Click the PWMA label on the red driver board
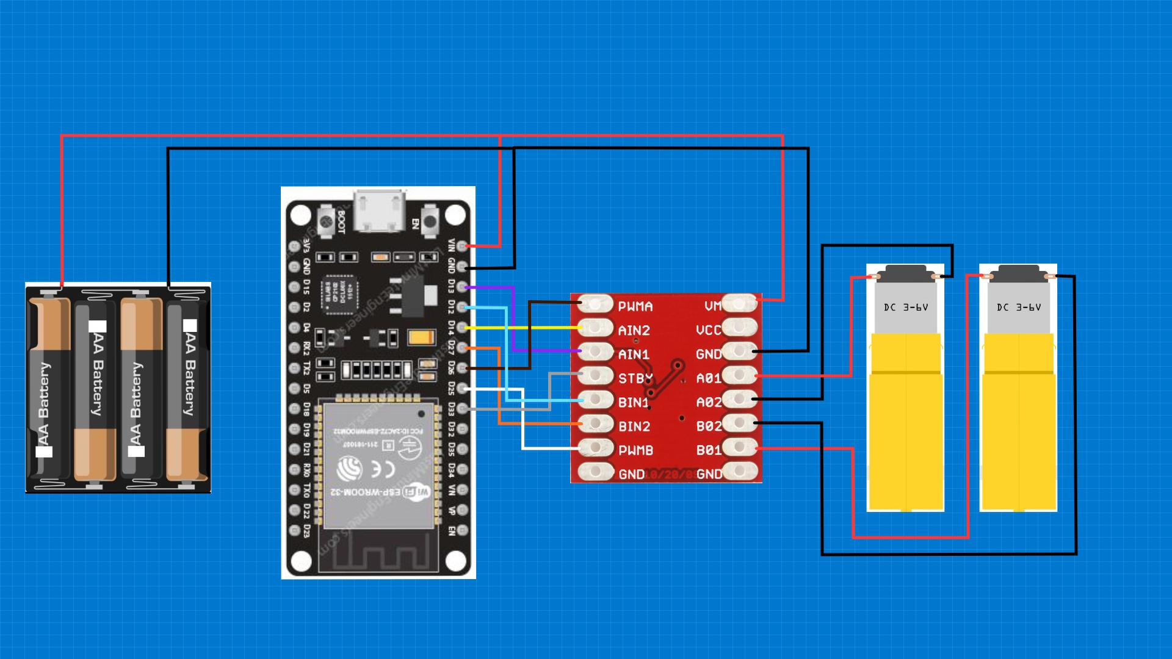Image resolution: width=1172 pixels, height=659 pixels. [635, 306]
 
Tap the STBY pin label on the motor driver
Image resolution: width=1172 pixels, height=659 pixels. [635, 378]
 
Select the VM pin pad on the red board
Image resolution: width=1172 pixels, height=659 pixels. [740, 303]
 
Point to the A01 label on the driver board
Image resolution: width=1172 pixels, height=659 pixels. [709, 378]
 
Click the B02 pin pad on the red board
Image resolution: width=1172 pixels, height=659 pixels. [740, 423]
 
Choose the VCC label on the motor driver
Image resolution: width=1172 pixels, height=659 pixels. [708, 330]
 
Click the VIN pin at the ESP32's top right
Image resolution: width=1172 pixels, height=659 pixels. [462, 246]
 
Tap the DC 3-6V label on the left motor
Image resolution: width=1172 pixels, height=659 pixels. [906, 308]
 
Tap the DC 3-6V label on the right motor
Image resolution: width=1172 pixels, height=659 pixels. [1019, 308]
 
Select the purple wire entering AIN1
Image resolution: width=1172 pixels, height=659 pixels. [543, 351]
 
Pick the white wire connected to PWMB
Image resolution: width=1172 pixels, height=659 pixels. [549, 448]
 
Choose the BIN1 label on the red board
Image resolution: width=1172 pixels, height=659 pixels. [633, 403]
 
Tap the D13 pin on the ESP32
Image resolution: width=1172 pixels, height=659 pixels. [462, 286]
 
